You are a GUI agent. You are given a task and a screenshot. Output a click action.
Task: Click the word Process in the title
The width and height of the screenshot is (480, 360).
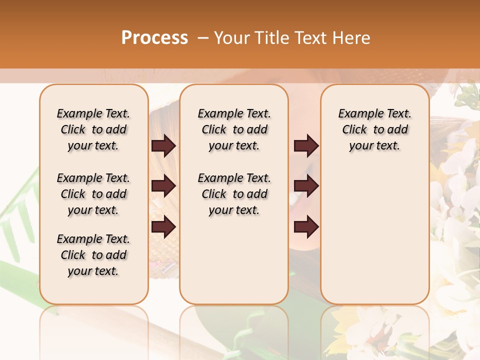(x=154, y=37)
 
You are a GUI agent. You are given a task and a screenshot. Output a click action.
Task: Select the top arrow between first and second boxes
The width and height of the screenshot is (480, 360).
(x=163, y=145)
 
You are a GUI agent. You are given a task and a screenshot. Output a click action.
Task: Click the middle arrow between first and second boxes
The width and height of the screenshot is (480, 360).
(x=163, y=186)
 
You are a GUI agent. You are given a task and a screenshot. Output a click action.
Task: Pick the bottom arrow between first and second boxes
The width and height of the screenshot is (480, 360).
(x=163, y=226)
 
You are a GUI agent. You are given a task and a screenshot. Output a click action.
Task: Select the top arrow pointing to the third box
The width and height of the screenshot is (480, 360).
(x=306, y=145)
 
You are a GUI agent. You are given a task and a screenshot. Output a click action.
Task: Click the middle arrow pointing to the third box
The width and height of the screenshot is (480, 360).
(x=306, y=186)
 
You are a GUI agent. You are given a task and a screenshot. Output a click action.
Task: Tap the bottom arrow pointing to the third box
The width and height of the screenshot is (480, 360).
(x=306, y=226)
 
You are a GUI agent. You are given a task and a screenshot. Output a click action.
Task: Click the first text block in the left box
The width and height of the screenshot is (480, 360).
(x=93, y=129)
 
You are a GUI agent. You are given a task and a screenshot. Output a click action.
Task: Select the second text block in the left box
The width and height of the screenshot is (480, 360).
(x=93, y=194)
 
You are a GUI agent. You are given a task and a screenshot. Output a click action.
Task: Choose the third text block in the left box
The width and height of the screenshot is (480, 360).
(x=93, y=255)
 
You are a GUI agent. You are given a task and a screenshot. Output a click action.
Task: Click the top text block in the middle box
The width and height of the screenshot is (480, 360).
(x=234, y=129)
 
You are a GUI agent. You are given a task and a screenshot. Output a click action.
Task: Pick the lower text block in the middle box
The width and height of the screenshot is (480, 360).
(x=234, y=194)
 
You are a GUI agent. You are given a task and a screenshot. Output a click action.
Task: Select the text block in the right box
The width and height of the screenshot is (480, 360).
(x=374, y=129)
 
